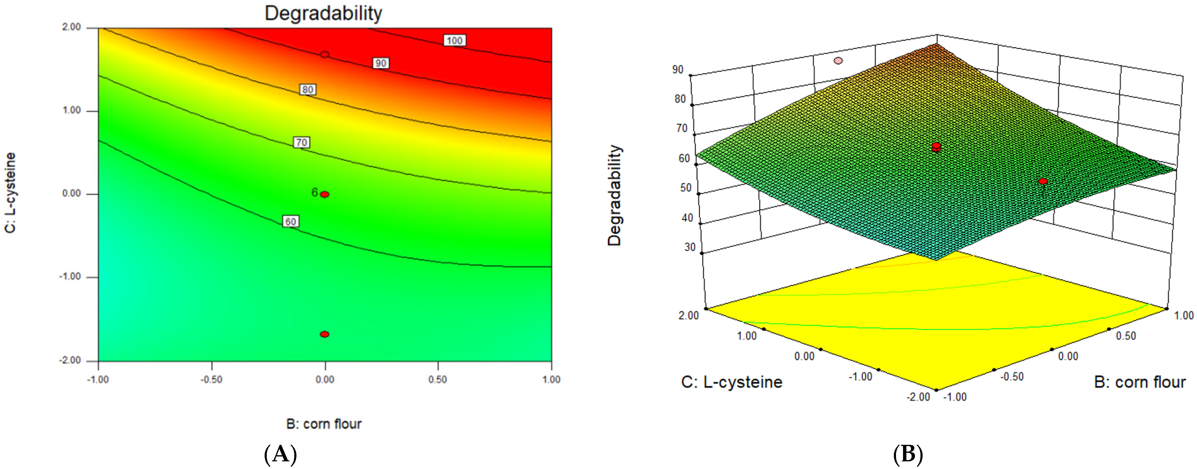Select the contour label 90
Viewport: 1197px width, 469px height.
[x=381, y=63]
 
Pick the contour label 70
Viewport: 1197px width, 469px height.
[x=302, y=142]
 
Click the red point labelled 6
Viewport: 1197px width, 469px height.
[x=325, y=194]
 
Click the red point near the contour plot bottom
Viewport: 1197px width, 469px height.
[x=325, y=334]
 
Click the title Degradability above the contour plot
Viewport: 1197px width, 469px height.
[x=323, y=13]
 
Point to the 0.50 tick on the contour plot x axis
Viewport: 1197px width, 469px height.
[x=438, y=379]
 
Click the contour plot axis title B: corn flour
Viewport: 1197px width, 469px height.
[x=324, y=424]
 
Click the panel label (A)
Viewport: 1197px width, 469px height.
[x=280, y=454]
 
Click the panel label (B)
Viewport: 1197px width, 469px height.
[x=908, y=454]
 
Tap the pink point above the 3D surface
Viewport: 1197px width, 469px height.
[x=838, y=61]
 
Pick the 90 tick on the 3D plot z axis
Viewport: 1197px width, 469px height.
[x=678, y=70]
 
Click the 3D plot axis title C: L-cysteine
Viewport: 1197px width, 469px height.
[x=731, y=382]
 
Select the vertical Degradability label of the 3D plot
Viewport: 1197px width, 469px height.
[x=614, y=195]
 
